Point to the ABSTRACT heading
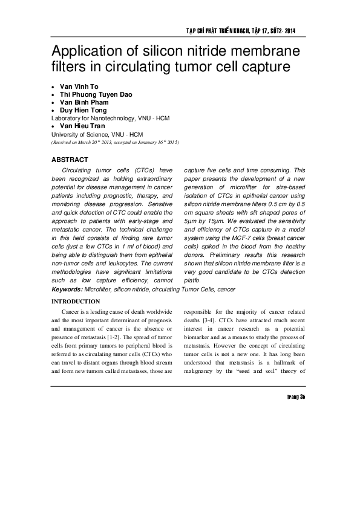(70, 160)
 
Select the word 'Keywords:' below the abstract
(67, 290)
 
